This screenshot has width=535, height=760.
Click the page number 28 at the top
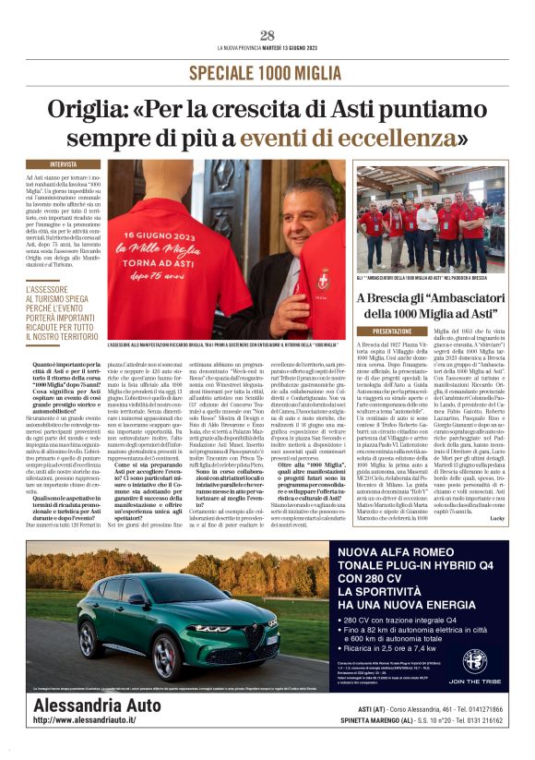(x=267, y=35)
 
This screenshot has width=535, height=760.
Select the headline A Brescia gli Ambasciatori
(x=431, y=304)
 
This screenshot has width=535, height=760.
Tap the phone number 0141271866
(x=470, y=708)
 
